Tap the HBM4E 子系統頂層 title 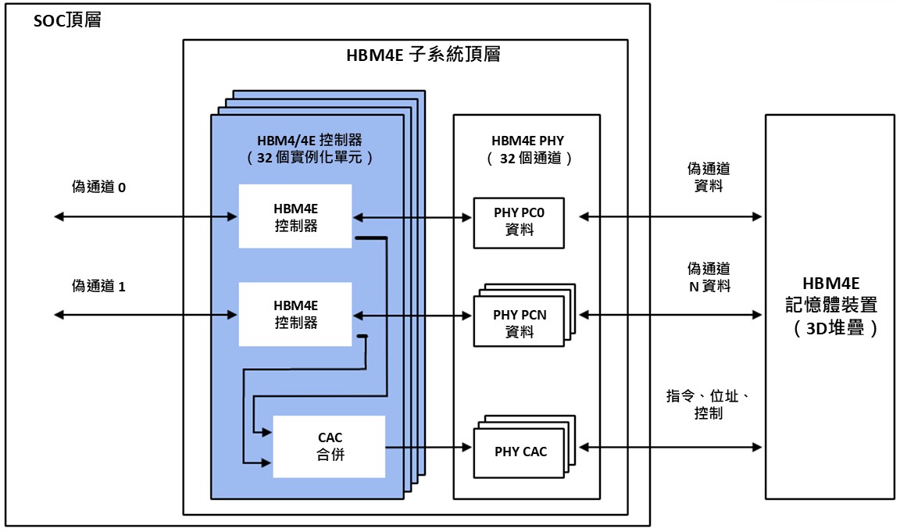click(x=423, y=55)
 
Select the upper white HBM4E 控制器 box click(x=295, y=216)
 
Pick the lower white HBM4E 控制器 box click(x=295, y=314)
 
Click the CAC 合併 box click(x=330, y=446)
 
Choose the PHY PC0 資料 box click(x=519, y=222)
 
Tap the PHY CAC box click(x=520, y=452)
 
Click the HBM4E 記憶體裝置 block click(x=829, y=305)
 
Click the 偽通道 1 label click(x=98, y=286)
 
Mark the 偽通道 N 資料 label click(x=709, y=277)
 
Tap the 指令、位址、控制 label click(x=708, y=405)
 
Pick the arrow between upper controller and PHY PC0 click(x=412, y=216)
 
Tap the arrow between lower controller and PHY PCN click(x=412, y=315)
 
